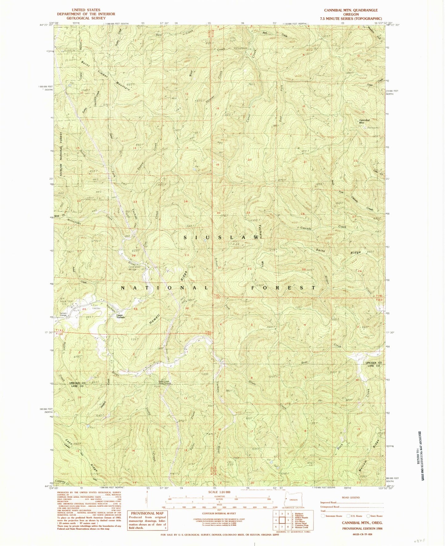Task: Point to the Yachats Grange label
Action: point(66,314)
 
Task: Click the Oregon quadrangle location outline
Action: point(293,500)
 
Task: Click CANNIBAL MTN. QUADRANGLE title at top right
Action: point(348,10)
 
